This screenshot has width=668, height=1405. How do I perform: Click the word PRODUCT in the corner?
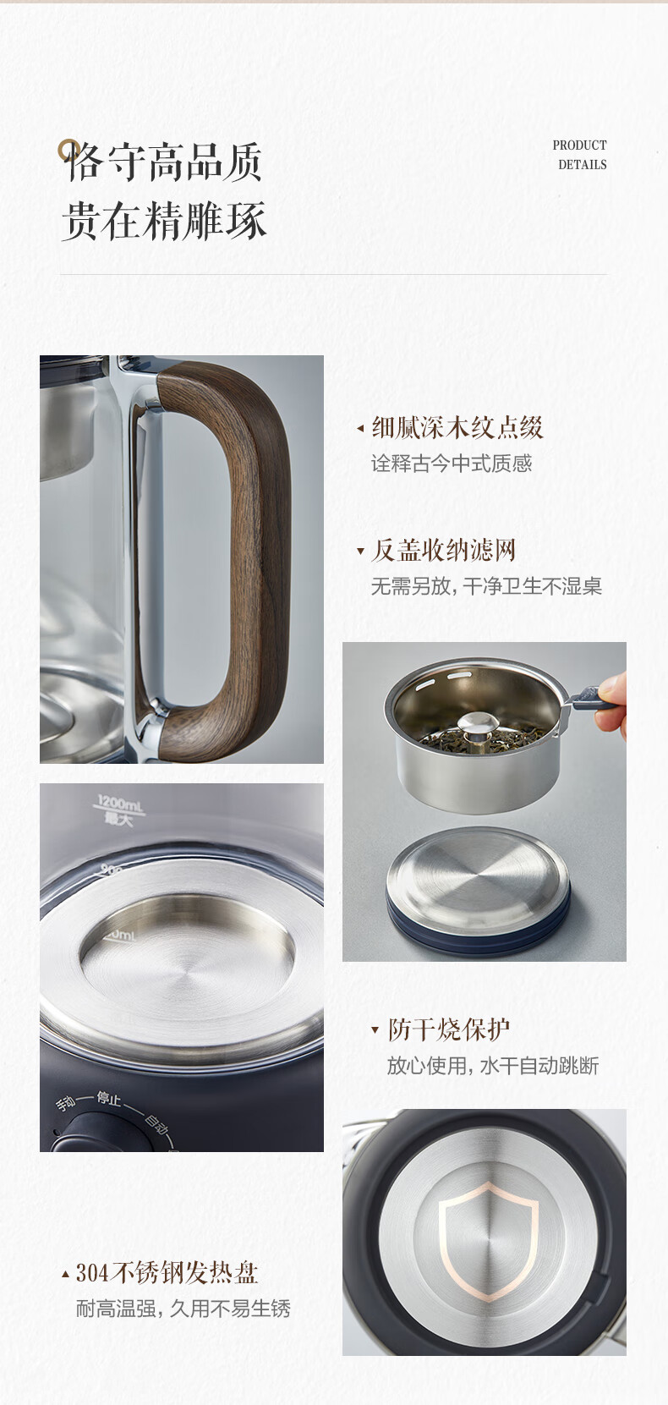(579, 145)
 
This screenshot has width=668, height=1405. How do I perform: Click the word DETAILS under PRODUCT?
(583, 164)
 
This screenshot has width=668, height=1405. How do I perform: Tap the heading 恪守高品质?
(163, 162)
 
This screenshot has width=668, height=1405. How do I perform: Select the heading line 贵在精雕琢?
(164, 221)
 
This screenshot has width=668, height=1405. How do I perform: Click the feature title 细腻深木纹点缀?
(457, 428)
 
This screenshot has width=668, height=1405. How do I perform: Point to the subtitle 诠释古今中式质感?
(452, 464)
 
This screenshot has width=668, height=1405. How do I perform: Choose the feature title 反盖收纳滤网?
(444, 550)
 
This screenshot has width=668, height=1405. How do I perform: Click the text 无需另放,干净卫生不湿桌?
(487, 586)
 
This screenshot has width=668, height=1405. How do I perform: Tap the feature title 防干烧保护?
(448, 1029)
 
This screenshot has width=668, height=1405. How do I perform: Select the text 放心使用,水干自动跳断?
(493, 1066)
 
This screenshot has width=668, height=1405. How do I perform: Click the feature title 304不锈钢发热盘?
(167, 1273)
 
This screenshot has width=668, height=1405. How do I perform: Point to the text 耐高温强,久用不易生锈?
(183, 1309)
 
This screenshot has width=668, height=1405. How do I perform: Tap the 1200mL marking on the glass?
(120, 803)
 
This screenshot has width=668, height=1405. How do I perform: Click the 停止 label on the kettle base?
(108, 1099)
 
